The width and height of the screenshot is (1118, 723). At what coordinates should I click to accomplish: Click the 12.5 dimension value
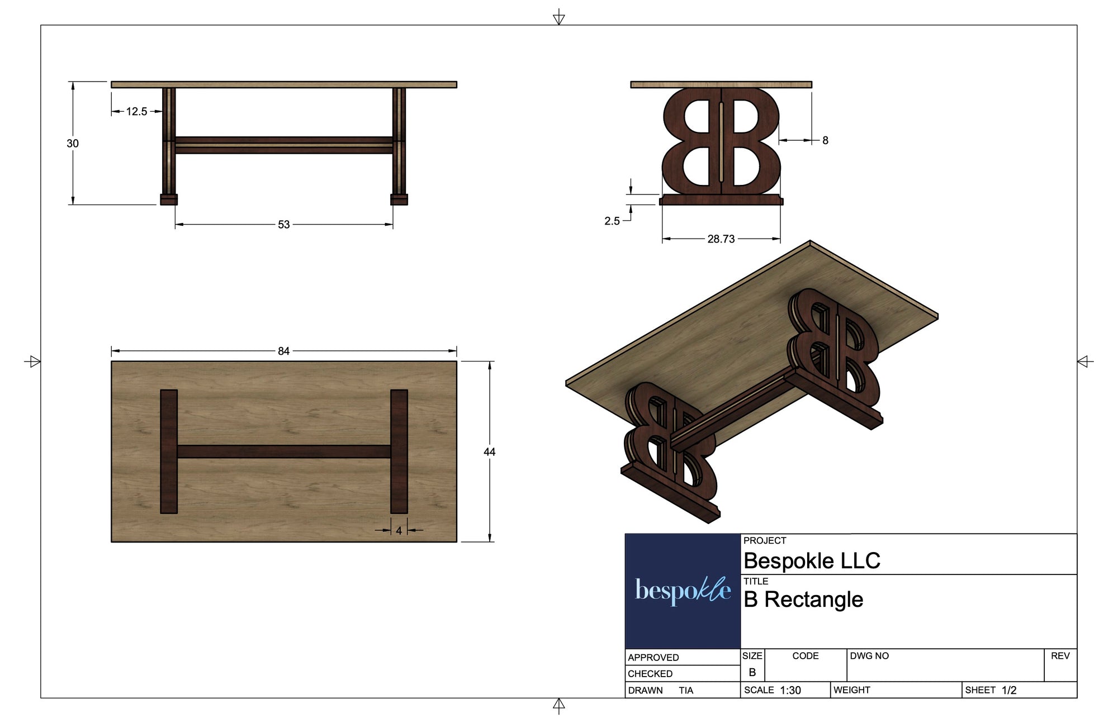[136, 112]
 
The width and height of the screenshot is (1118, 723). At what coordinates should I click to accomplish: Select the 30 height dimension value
[73, 144]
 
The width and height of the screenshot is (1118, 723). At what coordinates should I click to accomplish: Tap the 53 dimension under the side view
[284, 225]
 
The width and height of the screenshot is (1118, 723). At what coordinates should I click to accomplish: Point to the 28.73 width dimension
[721, 239]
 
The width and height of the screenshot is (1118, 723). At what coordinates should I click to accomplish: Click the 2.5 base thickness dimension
[612, 221]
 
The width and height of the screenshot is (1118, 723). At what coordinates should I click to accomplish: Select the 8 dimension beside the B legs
[825, 141]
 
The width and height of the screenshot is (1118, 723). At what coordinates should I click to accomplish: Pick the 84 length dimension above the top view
[284, 351]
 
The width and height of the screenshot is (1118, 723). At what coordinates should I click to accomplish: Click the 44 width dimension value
[490, 452]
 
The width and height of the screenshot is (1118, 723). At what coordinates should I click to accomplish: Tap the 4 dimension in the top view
[399, 531]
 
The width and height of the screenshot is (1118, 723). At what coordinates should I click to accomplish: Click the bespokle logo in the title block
[683, 591]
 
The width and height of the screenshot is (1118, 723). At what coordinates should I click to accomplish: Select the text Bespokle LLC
[812, 561]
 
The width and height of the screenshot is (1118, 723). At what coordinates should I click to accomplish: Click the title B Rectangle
[803, 600]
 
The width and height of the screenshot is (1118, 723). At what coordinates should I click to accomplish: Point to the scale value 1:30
[790, 691]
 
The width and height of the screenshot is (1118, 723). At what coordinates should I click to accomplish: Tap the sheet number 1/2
[1009, 691]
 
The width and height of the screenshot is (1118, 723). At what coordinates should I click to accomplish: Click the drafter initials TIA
[686, 691]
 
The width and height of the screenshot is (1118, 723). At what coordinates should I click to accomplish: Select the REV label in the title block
[1060, 656]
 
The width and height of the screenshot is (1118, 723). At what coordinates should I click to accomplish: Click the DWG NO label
[869, 656]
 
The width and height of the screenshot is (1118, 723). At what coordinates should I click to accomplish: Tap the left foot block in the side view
[169, 199]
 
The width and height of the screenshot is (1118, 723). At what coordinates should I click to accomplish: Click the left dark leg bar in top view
[169, 451]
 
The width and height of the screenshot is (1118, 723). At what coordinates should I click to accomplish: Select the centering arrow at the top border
[558, 18]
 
